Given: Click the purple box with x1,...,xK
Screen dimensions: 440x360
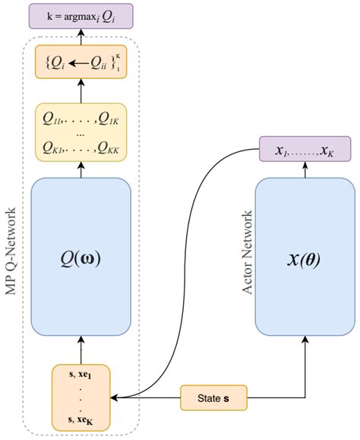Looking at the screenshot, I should pos(305,150).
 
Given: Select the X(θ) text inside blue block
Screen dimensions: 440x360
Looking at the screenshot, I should pos(305,258).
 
